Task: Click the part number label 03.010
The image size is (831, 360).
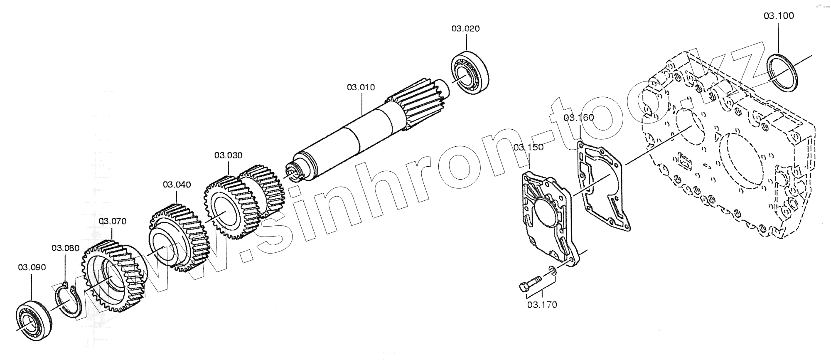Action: [x=361, y=88]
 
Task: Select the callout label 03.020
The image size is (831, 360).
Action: [x=465, y=29]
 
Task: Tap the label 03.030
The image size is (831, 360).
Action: [x=228, y=155]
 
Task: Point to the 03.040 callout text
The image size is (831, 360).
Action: [x=177, y=185]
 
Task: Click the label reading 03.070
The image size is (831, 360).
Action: [x=112, y=221]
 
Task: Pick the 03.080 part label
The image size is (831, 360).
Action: [x=65, y=248]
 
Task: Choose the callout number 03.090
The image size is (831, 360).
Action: [x=32, y=267]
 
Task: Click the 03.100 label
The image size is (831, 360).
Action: [x=778, y=16]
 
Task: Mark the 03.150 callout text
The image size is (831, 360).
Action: [x=528, y=148]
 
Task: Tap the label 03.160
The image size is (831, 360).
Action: [x=579, y=118]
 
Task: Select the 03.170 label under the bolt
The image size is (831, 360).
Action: [x=542, y=305]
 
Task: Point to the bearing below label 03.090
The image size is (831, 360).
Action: [x=34, y=319]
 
